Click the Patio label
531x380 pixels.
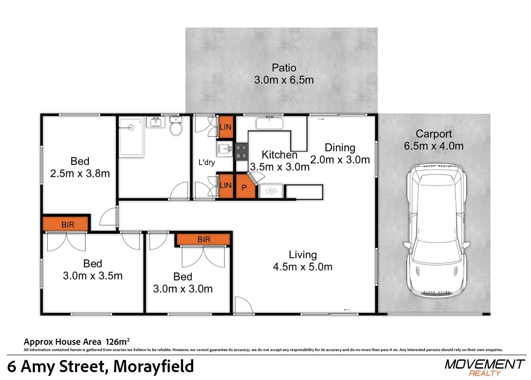point(284,68)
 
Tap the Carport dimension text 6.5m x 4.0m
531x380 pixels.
point(434,146)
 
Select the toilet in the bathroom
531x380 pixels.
point(176,126)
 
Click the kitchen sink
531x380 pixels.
point(269,123)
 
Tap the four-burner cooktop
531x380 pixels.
point(241,152)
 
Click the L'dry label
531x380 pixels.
point(207,162)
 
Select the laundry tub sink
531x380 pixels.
point(225,149)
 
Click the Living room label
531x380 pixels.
point(303,255)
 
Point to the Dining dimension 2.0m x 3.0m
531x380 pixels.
point(340,160)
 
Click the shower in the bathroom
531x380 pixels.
point(131,137)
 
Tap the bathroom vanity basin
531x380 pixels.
point(155,122)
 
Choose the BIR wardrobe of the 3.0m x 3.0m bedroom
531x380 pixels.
point(204,239)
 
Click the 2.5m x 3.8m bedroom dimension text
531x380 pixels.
point(80,174)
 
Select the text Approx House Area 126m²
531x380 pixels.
point(77,342)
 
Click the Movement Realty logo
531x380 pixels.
point(485,368)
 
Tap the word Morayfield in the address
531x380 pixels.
point(153,366)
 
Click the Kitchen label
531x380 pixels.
point(279,155)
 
